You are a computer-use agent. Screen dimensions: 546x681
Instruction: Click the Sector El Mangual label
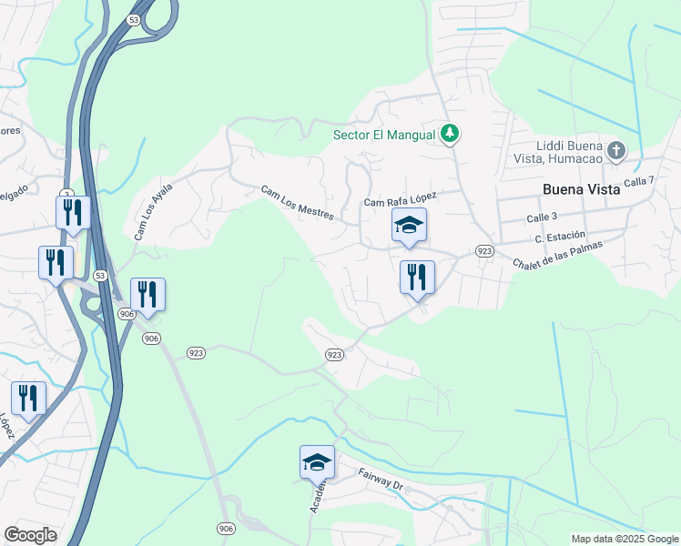(x=384, y=135)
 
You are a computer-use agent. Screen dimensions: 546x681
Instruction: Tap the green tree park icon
(x=449, y=134)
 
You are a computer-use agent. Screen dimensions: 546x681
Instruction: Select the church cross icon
(x=616, y=150)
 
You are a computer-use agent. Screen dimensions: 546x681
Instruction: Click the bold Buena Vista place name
(x=580, y=189)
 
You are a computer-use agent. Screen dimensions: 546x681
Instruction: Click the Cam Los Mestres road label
(x=298, y=204)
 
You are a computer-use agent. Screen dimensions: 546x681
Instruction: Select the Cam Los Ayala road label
(x=153, y=210)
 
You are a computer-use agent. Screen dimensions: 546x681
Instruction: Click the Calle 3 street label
(x=542, y=217)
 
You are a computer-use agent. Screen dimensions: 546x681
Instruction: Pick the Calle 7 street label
(x=640, y=182)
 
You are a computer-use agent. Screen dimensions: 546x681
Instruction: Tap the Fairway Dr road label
(x=380, y=479)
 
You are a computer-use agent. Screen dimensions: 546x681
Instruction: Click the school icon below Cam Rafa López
(x=409, y=225)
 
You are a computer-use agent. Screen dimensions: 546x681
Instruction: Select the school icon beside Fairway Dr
(x=317, y=462)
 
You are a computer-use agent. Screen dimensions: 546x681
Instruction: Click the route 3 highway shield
(x=66, y=194)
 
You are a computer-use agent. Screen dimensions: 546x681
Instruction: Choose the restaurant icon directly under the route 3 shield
(x=72, y=213)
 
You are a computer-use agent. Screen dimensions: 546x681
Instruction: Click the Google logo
(x=30, y=535)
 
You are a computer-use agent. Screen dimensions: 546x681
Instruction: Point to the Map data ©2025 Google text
(x=625, y=539)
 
